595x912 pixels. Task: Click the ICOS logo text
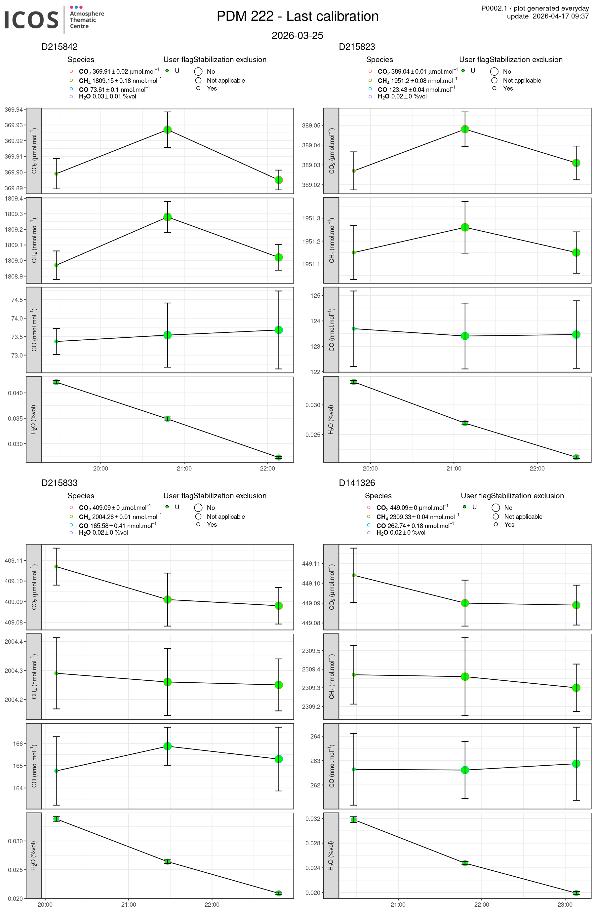(31, 19)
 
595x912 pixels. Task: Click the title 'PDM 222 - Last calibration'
(297, 17)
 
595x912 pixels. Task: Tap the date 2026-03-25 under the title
(297, 36)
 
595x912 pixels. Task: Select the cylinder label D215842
(59, 47)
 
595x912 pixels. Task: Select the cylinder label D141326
(357, 483)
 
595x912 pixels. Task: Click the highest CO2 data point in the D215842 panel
(168, 130)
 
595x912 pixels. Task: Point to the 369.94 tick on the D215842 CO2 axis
(14, 110)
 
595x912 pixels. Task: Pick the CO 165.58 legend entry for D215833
(117, 526)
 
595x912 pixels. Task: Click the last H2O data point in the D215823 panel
(576, 457)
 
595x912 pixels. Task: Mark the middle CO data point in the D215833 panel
(168, 746)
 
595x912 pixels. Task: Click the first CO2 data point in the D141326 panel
(354, 575)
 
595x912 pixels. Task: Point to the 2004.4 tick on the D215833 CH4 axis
(14, 641)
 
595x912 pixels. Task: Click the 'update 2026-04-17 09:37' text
(547, 16)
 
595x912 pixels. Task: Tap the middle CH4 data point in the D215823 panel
(465, 227)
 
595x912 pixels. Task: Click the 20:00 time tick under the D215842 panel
(100, 468)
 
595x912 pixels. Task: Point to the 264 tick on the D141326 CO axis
(315, 737)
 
